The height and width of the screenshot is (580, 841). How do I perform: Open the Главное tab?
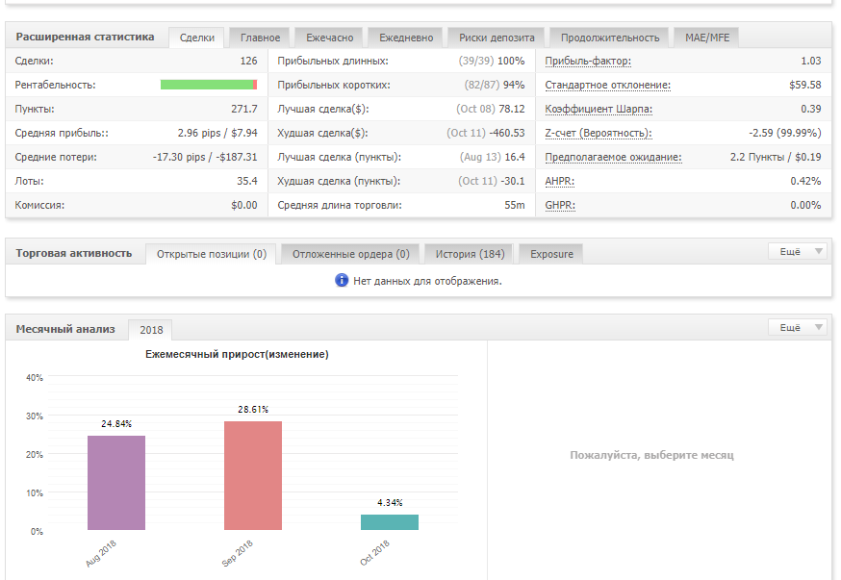(x=260, y=38)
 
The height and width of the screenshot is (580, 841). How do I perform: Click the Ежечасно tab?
(x=330, y=38)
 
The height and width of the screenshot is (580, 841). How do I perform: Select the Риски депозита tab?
(x=497, y=38)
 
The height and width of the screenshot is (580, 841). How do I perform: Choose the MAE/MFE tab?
(x=707, y=38)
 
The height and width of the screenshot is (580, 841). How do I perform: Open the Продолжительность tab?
(x=610, y=38)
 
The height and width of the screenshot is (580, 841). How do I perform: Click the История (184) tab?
(x=470, y=254)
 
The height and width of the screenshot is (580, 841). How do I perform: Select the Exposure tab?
(x=551, y=254)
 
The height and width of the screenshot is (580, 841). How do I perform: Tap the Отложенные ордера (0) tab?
(x=351, y=254)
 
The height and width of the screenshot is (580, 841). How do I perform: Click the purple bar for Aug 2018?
(x=116, y=483)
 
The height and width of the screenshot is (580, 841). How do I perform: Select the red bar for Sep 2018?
(x=253, y=475)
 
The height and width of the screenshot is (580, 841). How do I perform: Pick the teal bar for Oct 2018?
(x=390, y=522)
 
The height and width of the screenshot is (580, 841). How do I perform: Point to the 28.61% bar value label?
(x=253, y=410)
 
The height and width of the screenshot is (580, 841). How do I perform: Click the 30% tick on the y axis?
(x=35, y=416)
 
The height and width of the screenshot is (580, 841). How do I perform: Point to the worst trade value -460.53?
(x=506, y=133)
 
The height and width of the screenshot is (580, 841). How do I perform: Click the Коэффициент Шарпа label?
(x=599, y=110)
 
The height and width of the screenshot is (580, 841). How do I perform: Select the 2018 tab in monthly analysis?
(x=151, y=330)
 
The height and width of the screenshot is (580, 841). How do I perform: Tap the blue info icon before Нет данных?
(x=342, y=280)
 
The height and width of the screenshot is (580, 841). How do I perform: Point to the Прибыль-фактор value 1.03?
(x=811, y=62)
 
